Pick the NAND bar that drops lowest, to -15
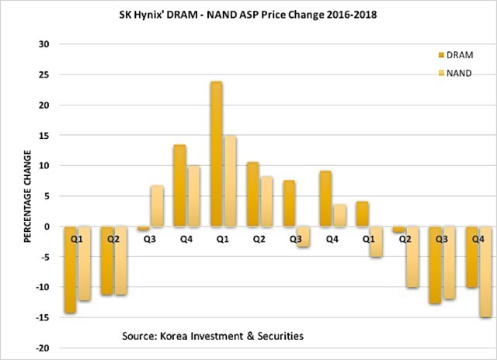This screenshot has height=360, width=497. click(x=486, y=272)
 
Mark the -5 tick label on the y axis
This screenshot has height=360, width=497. click(x=43, y=257)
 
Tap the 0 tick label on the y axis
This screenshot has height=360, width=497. click(x=47, y=227)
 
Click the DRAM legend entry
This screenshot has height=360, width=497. click(x=457, y=56)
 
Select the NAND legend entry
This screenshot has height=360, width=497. click(x=457, y=73)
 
